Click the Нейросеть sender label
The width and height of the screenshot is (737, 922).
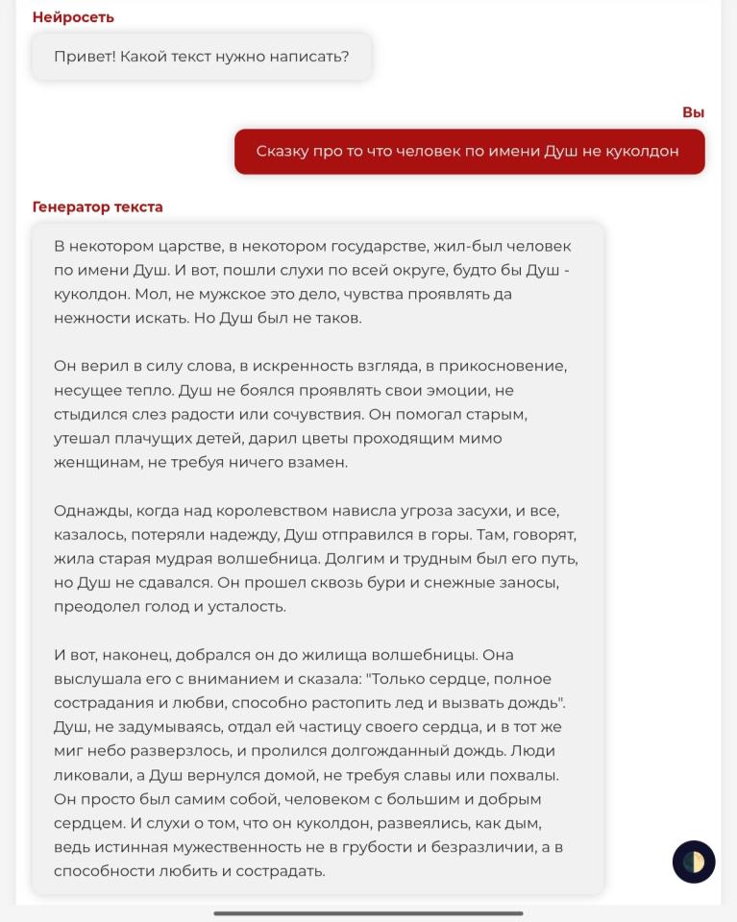73,17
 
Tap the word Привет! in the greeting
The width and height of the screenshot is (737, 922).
84,57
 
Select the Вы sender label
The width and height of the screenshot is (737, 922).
693,112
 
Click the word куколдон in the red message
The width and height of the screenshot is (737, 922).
643,151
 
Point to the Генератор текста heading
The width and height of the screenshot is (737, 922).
97,206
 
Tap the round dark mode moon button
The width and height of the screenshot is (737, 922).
694,861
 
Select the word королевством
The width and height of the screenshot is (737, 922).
271,511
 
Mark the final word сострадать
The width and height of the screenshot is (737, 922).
281,871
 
